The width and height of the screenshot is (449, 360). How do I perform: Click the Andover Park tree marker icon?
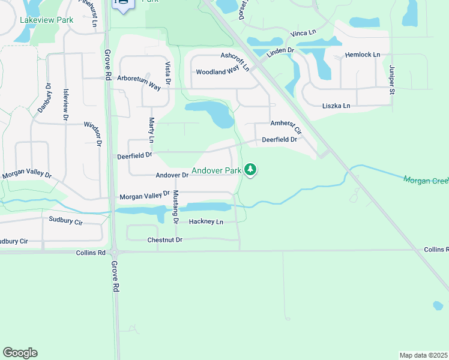pos(252,171)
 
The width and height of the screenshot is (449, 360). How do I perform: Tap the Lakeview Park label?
pos(46,20)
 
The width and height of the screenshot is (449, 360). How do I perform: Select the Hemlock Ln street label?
pos(363,55)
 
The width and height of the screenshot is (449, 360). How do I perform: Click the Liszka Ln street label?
pos(336,106)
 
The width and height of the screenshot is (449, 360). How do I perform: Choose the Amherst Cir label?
pos(286,127)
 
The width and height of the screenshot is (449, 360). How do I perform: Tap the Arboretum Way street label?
pos(139,83)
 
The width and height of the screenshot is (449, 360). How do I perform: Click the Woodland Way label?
pos(218,72)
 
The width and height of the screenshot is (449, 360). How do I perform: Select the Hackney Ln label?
pos(206,221)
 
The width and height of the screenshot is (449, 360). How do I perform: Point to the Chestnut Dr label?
pos(164,240)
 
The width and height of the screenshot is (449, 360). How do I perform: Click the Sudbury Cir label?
pos(66,221)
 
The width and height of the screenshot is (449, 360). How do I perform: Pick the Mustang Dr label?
pos(176,206)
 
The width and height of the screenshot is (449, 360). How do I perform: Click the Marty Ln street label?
pos(152,130)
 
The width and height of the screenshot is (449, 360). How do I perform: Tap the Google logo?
pos(20,353)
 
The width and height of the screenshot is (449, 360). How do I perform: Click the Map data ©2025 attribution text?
pos(423,355)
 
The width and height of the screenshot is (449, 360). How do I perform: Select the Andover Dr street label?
pos(172,175)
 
